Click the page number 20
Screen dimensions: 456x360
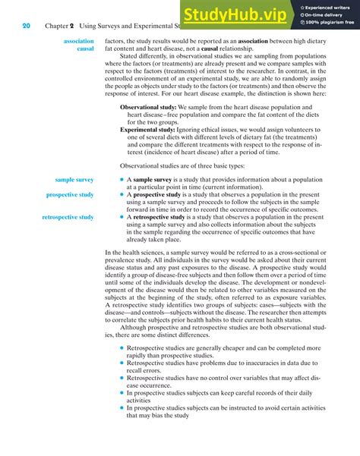tap(26, 25)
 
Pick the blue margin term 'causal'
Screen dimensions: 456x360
tap(85, 49)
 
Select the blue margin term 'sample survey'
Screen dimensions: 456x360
tap(74, 179)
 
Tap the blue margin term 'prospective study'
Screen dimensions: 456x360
tap(70, 195)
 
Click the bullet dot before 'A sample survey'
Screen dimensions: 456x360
tap(122, 179)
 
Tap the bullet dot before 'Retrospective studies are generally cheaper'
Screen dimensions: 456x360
tap(122, 348)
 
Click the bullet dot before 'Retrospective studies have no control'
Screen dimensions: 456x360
tap(122, 378)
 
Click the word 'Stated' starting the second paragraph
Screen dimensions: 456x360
tap(131, 55)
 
